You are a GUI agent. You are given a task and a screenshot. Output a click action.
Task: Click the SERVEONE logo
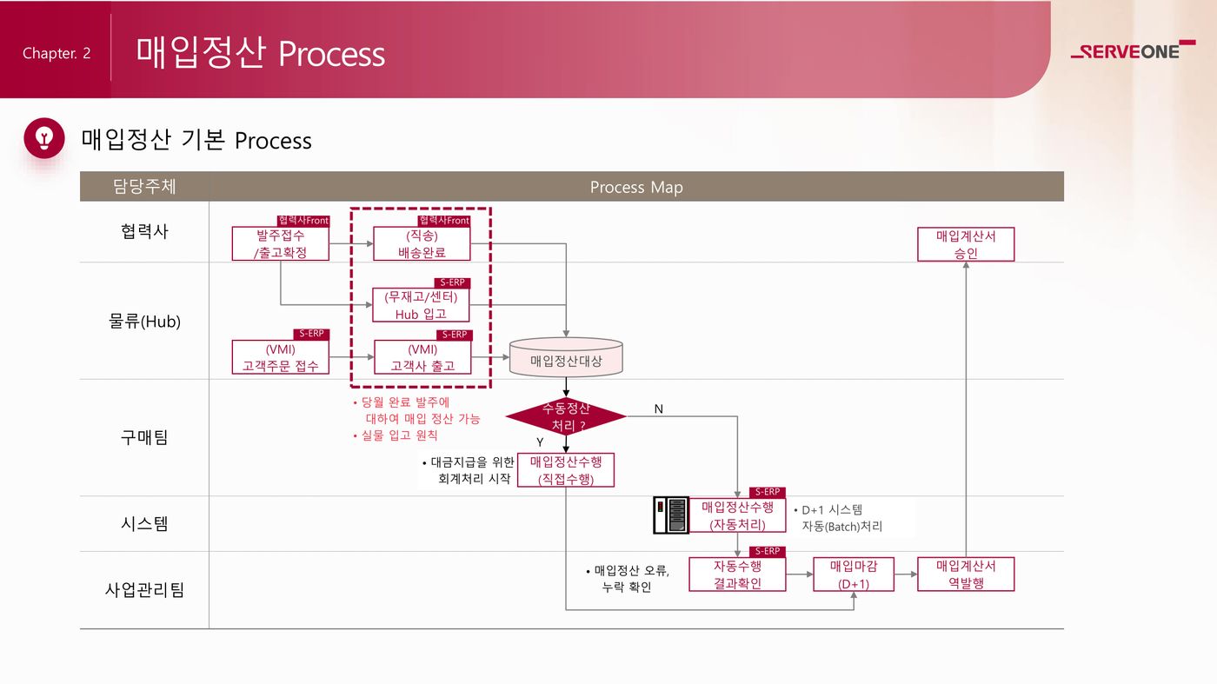click(x=1132, y=51)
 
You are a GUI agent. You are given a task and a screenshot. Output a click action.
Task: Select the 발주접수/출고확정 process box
click(x=280, y=243)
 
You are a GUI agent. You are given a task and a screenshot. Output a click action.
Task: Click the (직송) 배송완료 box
click(x=422, y=243)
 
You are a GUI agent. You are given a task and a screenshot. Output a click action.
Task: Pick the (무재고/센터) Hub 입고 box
click(x=422, y=305)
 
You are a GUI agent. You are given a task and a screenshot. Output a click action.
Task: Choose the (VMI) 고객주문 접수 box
click(x=280, y=357)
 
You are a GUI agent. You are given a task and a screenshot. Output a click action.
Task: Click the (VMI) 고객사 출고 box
click(x=422, y=357)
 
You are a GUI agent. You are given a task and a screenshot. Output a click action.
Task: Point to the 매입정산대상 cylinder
click(x=566, y=358)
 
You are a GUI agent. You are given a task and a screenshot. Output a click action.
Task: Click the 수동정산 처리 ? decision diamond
click(x=566, y=416)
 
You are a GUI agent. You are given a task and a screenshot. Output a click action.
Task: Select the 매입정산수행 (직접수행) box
click(x=566, y=470)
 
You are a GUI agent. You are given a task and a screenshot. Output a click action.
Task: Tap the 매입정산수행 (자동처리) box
click(x=737, y=515)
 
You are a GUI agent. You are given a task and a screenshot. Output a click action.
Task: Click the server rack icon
click(x=671, y=515)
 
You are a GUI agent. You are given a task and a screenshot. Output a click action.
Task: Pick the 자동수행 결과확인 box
click(x=737, y=574)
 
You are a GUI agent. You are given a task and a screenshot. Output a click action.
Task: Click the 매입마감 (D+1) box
click(x=854, y=574)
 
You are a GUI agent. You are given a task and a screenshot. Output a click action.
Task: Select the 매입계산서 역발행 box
click(x=966, y=574)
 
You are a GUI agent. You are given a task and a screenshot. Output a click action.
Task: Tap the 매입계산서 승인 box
click(x=966, y=244)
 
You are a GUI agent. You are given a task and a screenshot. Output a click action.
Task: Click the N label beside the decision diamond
click(x=659, y=408)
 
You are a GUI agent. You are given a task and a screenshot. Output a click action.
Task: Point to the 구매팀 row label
click(x=144, y=437)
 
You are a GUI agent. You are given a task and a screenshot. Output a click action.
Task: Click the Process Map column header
click(x=636, y=187)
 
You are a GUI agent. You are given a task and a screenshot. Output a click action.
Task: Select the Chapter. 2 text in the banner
click(x=57, y=53)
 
